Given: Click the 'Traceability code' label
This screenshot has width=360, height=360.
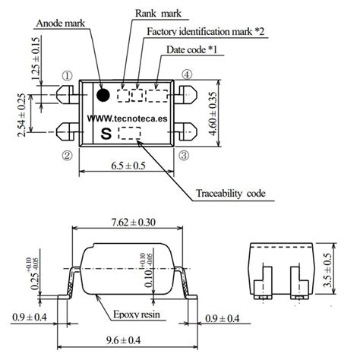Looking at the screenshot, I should (230, 194).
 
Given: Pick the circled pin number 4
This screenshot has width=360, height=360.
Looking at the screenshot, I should (187, 75).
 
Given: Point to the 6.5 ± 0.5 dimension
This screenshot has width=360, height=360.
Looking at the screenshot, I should (126, 165).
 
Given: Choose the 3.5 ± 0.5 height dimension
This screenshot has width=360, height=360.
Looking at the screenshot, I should (348, 271).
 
